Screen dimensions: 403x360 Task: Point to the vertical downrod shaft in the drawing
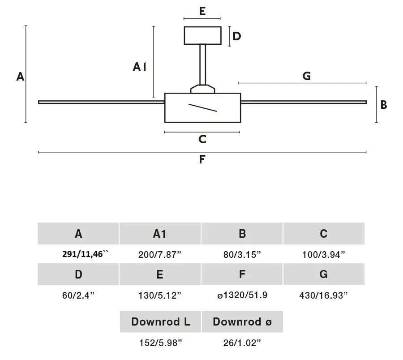click(x=202, y=64)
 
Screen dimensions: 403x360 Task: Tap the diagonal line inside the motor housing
click(x=202, y=107)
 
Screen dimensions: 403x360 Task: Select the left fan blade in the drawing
click(x=101, y=102)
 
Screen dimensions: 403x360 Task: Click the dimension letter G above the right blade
click(x=306, y=76)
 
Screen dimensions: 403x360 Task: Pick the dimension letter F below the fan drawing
click(x=202, y=159)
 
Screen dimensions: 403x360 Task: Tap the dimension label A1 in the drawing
click(x=139, y=67)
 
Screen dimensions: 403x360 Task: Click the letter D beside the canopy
click(x=237, y=36)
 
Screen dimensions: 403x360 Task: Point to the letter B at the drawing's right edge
click(x=383, y=105)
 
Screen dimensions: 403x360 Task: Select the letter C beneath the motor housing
click(x=202, y=139)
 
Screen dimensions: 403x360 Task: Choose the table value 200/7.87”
click(x=159, y=255)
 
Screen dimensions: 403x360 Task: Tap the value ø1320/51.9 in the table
click(x=242, y=295)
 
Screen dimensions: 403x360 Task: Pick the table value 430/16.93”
click(x=323, y=296)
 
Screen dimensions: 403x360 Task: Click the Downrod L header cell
click(x=160, y=321)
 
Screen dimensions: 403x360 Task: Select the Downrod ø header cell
click(x=242, y=321)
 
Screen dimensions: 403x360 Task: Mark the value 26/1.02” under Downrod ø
click(x=242, y=343)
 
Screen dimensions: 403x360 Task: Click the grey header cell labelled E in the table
click(x=160, y=274)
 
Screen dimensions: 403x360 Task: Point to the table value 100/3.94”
click(x=323, y=255)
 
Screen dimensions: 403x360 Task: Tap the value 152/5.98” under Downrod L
click(x=160, y=343)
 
